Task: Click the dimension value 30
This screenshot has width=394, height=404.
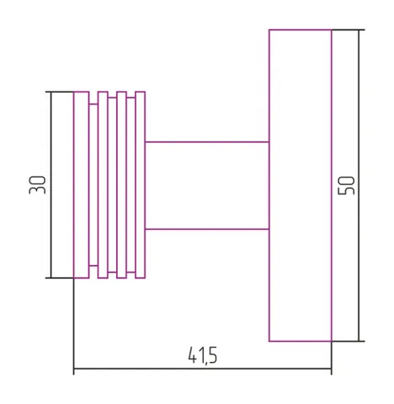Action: (x=37, y=185)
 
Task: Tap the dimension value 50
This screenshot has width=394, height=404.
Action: (x=347, y=185)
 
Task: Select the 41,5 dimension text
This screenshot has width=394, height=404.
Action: (x=202, y=355)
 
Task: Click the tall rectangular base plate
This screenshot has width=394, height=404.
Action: (x=301, y=185)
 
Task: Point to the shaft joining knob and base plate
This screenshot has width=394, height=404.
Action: (x=207, y=186)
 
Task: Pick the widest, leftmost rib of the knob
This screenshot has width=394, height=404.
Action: (x=82, y=185)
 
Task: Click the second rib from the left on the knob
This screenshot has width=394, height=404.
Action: (x=103, y=185)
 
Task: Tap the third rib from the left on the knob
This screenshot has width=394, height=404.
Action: (x=121, y=185)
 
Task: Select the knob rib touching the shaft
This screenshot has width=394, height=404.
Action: (x=140, y=185)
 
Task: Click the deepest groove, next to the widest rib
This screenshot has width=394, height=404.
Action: (x=93, y=185)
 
